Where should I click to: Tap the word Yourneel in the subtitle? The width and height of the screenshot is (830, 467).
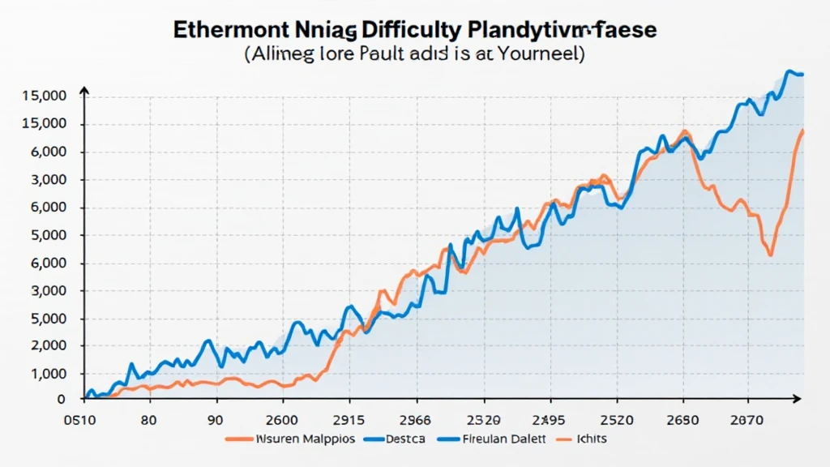click(537, 55)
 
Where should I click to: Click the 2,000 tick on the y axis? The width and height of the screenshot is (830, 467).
click(48, 346)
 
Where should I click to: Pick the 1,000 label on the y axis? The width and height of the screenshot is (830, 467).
click(48, 374)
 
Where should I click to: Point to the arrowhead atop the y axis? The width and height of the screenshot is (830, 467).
click(84, 93)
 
